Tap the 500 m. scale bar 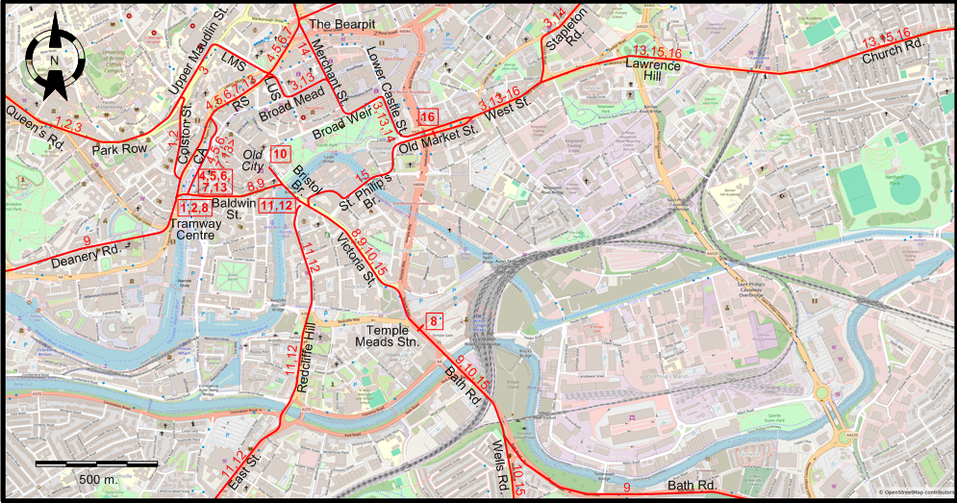[97, 465]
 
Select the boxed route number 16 [428, 117]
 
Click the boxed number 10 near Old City [281, 155]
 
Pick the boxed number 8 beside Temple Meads [435, 321]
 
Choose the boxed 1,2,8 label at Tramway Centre [194, 208]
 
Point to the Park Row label [119, 150]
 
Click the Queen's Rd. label [35, 127]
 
